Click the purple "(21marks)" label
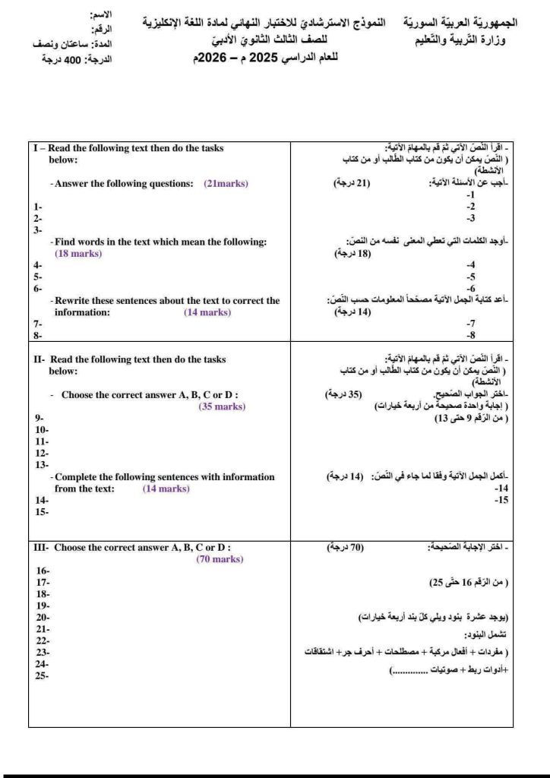click(226, 184)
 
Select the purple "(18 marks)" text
click(78, 254)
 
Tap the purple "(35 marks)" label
click(222, 406)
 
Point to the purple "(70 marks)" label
click(220, 559)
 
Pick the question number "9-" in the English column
click(39, 418)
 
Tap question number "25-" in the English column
click(42, 675)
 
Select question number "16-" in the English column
click(43, 570)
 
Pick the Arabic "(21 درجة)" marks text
click(352, 184)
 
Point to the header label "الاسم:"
click(100, 15)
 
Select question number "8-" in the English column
click(37, 335)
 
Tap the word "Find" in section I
click(64, 242)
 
